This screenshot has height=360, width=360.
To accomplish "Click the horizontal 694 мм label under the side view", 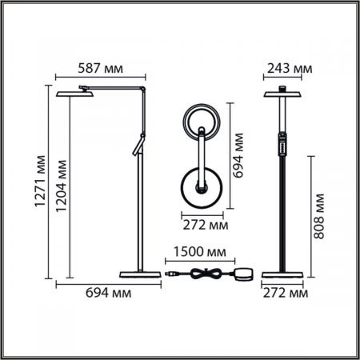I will point(109,293).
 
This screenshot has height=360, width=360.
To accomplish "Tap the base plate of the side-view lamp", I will point(139,274).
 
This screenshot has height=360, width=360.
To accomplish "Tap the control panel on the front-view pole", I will point(282,145).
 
